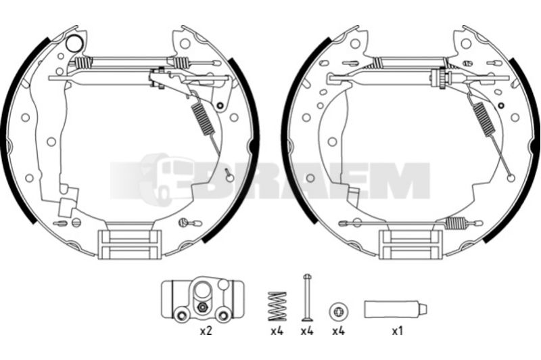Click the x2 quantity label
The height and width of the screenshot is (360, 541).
pyautogui.click(x=206, y=332)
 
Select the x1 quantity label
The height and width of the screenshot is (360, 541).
pyautogui.click(x=398, y=332)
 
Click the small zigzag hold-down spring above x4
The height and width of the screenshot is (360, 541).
pyautogui.click(x=277, y=306)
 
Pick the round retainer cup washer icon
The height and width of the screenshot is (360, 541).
pyautogui.click(x=339, y=311)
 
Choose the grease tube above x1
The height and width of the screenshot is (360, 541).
pyautogui.click(x=396, y=309)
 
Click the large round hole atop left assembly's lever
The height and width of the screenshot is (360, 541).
pyautogui.click(x=74, y=44)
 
